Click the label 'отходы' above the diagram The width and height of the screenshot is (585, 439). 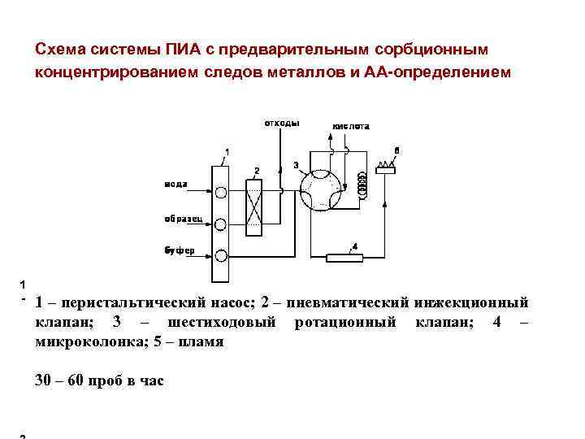pos(281,124)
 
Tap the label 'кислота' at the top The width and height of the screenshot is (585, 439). pos(350,127)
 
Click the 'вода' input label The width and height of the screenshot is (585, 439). pos(176,184)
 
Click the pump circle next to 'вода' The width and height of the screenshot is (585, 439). pos(221,193)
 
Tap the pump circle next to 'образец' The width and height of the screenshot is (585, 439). pos(221,224)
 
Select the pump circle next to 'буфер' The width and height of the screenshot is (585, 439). pos(221,256)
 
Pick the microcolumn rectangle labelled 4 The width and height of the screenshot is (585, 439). pos(344,258)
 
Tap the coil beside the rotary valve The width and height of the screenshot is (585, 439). pos(362,189)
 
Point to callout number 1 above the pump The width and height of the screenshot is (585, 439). pos(227,153)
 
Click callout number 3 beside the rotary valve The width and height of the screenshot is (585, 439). pos(296,165)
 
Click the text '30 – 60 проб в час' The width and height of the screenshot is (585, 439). pos(100,379)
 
